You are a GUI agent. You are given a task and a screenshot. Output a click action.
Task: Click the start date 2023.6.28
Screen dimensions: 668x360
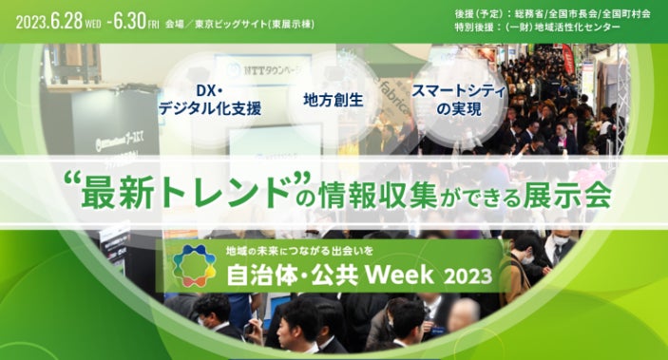click(49, 22)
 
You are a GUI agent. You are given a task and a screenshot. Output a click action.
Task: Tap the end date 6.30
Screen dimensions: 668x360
click(128, 21)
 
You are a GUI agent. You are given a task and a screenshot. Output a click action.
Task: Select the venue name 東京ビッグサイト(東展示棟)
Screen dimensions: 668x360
click(255, 25)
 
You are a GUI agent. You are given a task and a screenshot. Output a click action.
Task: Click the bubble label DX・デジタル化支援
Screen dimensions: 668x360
click(210, 100)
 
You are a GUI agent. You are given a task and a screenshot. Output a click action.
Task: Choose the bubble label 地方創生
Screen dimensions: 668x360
click(334, 100)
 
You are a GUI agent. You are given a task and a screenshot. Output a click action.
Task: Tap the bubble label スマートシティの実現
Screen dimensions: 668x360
click(459, 100)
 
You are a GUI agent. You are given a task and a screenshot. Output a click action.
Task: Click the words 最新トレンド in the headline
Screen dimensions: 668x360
click(187, 194)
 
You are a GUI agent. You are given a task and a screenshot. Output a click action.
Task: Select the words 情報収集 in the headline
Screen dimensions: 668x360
click(379, 195)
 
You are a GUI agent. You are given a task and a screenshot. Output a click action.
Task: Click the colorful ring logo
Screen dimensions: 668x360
click(194, 266)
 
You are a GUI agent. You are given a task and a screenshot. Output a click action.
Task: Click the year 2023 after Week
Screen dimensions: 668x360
click(468, 277)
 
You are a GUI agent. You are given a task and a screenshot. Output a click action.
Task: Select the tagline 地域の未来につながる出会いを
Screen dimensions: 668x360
click(299, 252)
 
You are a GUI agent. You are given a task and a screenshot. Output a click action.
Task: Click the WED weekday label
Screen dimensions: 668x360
click(93, 25)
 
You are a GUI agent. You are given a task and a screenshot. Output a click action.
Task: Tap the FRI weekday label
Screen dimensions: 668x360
click(153, 25)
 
